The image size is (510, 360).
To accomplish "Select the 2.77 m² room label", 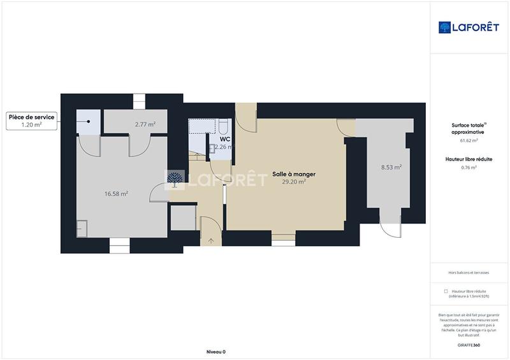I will (x=145, y=124).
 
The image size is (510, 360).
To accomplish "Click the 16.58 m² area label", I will (x=116, y=193).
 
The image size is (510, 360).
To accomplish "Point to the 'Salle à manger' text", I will (x=294, y=174).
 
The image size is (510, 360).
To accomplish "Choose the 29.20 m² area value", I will (x=294, y=182).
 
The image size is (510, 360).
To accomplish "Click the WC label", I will (x=225, y=139).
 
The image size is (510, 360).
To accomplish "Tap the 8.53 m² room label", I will (x=391, y=168).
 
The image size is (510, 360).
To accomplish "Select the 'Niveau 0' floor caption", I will (x=216, y=352).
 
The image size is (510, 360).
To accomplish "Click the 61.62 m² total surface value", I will (x=469, y=140).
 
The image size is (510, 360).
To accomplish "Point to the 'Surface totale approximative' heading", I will (x=469, y=128).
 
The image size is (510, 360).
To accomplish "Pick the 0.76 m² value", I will (x=469, y=168).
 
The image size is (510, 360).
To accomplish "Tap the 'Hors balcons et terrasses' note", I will (x=469, y=273).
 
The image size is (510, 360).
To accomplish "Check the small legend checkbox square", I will (x=446, y=291).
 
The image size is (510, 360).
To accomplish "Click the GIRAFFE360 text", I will (x=469, y=345).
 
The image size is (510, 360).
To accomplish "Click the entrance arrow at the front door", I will (x=211, y=241).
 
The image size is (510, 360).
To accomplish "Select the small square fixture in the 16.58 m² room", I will (x=82, y=228).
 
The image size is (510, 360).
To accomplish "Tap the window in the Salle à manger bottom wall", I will (x=283, y=240).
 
